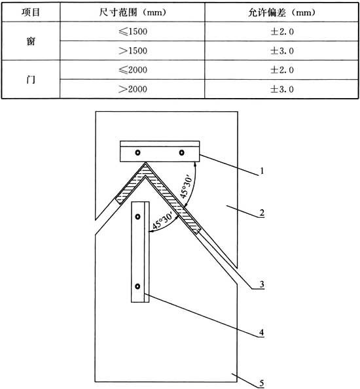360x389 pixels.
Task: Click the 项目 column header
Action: [x=31, y=12]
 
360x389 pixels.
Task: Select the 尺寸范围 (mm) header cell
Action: [x=132, y=12]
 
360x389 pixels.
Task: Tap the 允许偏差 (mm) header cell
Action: [x=281, y=12]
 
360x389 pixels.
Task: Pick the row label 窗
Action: [x=31, y=41]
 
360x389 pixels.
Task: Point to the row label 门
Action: [x=31, y=80]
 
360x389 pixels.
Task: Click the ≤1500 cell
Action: [x=133, y=31]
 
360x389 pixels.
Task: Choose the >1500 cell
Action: [x=133, y=50]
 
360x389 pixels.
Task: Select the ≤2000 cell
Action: [x=133, y=70]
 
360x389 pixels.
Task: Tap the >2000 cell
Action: [x=133, y=89]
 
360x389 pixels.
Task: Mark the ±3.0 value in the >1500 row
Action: [x=282, y=51]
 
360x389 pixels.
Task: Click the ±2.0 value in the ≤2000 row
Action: [x=282, y=70]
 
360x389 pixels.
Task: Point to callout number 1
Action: [x=261, y=171]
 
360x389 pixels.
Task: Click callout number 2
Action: [x=262, y=213]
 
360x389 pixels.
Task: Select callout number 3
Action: [x=262, y=284]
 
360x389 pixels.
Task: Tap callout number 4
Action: [x=261, y=332]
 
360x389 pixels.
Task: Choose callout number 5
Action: [x=262, y=383]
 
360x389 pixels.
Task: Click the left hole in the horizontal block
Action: [x=137, y=152]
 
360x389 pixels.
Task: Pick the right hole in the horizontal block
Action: [x=181, y=152]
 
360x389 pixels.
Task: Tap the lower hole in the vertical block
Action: [x=137, y=286]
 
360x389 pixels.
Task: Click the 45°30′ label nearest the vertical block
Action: [x=163, y=220]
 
